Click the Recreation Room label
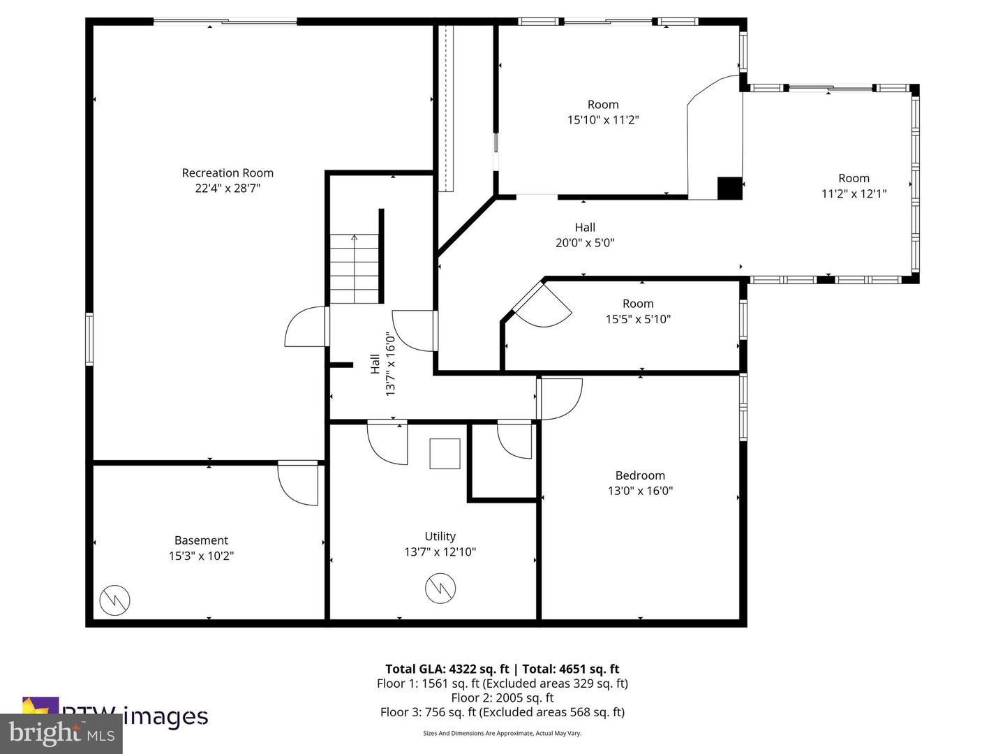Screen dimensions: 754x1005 (x=228, y=172)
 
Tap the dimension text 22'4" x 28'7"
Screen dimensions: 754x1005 (x=228, y=188)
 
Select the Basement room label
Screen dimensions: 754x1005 (x=201, y=540)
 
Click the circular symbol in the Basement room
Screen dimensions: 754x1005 (x=114, y=600)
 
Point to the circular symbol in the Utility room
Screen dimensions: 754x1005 (x=440, y=589)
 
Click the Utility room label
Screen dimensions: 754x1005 (x=440, y=536)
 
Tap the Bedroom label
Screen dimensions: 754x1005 (x=640, y=475)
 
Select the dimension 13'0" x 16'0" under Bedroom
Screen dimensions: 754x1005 (x=640, y=491)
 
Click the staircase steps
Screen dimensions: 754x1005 (x=355, y=269)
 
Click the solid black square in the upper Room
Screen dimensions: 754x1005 (x=730, y=188)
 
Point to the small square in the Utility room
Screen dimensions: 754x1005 (x=445, y=454)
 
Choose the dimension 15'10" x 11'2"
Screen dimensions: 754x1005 (x=603, y=119)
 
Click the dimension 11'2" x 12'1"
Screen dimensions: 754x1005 (x=854, y=193)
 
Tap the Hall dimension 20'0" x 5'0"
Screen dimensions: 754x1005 (x=585, y=243)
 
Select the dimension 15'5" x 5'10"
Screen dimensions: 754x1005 (x=638, y=319)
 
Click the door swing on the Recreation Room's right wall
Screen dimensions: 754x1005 (x=305, y=328)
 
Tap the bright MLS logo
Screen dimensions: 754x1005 (x=61, y=734)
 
